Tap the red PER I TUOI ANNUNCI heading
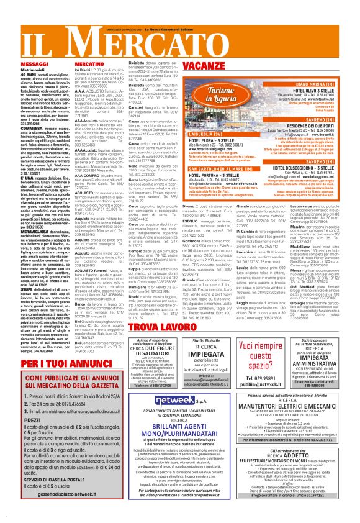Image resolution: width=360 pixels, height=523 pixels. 57,362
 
